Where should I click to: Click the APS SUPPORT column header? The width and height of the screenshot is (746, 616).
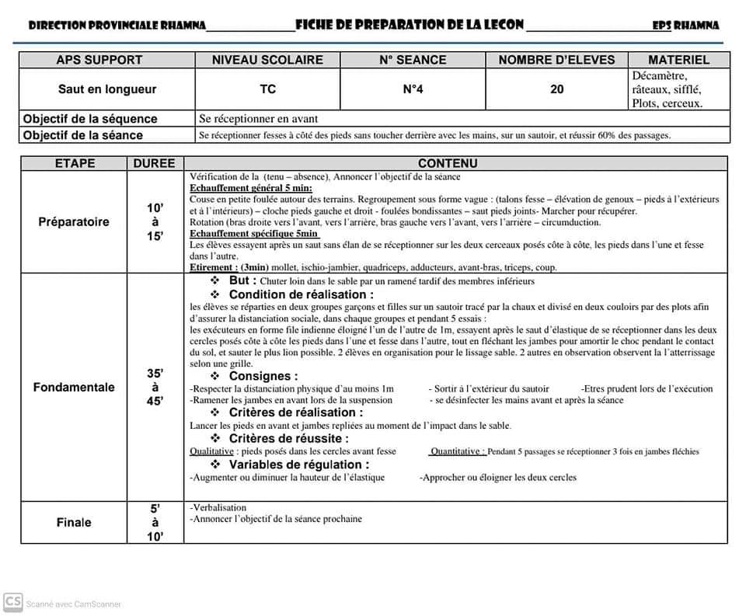99,60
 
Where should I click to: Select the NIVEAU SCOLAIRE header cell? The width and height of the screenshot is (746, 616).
267,60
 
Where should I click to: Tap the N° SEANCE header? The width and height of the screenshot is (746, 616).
413,60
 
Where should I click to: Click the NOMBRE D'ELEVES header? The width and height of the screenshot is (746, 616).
556,60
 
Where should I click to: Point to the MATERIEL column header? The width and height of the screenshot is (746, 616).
678,60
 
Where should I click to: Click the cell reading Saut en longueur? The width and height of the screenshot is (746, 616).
106,89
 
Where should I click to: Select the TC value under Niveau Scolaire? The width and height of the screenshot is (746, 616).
267,89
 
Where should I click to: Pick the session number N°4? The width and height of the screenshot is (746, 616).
413,89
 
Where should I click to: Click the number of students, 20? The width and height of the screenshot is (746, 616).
556,89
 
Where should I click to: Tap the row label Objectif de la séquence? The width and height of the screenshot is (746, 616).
90,119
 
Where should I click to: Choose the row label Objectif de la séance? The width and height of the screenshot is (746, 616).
83,135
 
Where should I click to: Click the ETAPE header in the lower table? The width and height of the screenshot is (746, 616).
75,164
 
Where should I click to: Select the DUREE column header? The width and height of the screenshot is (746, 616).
155,164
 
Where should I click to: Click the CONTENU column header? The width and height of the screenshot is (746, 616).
448,164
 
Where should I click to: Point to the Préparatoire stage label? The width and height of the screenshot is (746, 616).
74,222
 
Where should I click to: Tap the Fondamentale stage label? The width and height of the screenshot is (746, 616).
74,388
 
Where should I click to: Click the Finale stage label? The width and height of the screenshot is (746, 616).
74,523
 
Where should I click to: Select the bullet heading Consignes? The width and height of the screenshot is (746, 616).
263,377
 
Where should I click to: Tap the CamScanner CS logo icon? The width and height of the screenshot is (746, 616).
12,602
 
